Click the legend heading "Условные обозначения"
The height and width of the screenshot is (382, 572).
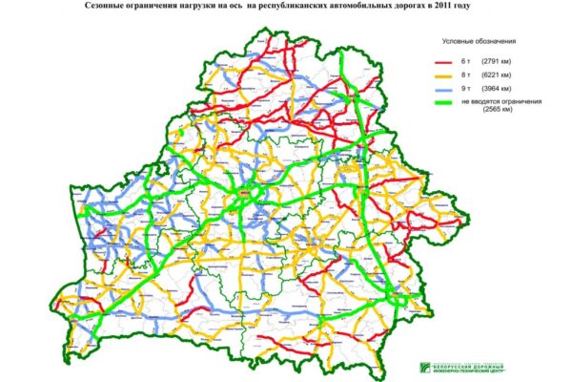[x=480, y=42]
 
